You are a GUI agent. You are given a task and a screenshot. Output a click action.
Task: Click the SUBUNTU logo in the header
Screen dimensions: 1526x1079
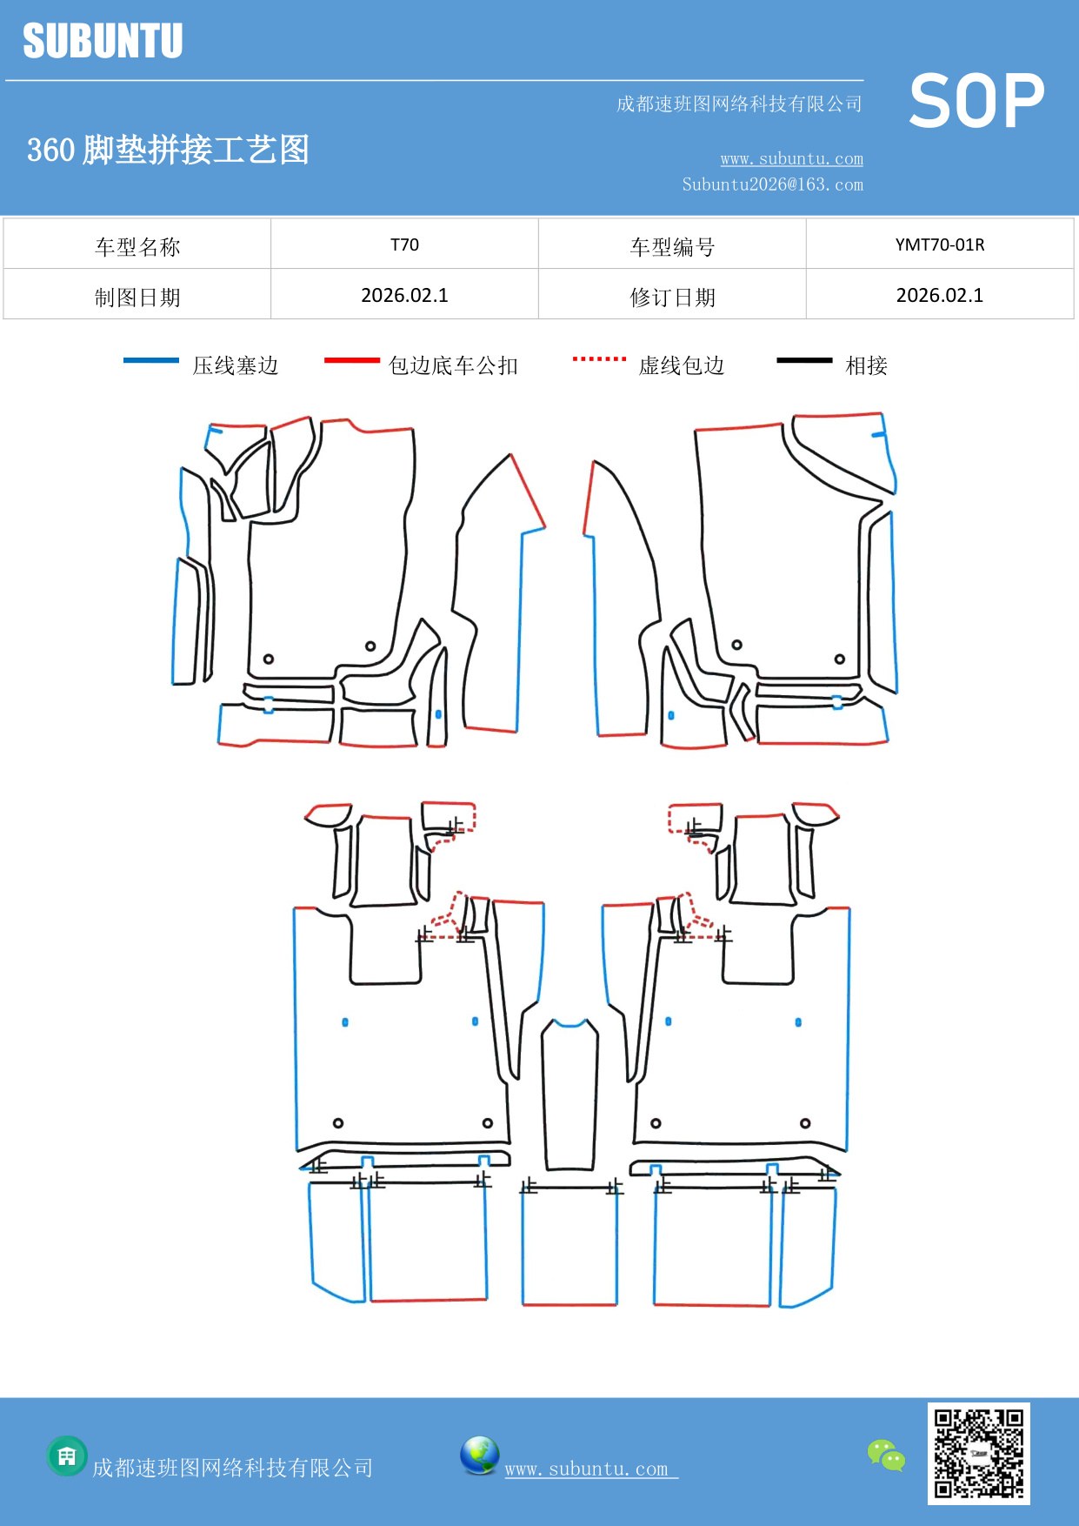103,41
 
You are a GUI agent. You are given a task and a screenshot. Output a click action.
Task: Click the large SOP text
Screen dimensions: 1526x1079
976,101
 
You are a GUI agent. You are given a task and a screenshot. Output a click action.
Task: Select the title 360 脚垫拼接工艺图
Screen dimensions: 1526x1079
168,150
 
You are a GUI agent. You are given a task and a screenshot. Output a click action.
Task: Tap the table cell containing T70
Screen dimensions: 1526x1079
404,244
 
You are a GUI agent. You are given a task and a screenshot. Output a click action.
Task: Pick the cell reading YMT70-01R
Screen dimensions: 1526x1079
939,244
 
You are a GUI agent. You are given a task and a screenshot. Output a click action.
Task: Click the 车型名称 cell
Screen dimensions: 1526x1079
137,247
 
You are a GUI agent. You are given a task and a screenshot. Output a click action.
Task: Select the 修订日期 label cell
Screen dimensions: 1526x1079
672,297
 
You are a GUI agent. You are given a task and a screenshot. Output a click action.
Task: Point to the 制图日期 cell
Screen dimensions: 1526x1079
137,297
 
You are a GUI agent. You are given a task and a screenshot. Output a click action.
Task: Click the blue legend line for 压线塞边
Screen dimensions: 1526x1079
150,360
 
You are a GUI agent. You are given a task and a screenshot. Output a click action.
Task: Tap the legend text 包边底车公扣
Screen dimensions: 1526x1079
453,365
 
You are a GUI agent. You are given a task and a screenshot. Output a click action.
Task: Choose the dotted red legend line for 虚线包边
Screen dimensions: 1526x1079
599,358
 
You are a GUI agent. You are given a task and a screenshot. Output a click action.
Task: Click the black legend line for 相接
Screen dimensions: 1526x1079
804,360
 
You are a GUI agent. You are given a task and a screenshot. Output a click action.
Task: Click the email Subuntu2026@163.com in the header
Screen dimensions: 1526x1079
772,184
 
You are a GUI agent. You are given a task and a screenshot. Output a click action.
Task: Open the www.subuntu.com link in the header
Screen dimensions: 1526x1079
791,158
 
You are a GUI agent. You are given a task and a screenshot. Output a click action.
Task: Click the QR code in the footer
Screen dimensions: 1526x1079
978,1453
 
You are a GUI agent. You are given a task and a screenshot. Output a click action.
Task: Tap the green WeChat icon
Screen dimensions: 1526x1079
886,1455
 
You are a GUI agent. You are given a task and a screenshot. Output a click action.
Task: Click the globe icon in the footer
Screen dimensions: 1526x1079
479,1456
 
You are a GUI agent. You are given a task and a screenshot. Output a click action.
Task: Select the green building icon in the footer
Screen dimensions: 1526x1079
67,1456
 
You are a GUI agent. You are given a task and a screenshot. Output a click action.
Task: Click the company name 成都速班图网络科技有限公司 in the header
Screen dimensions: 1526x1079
739,104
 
